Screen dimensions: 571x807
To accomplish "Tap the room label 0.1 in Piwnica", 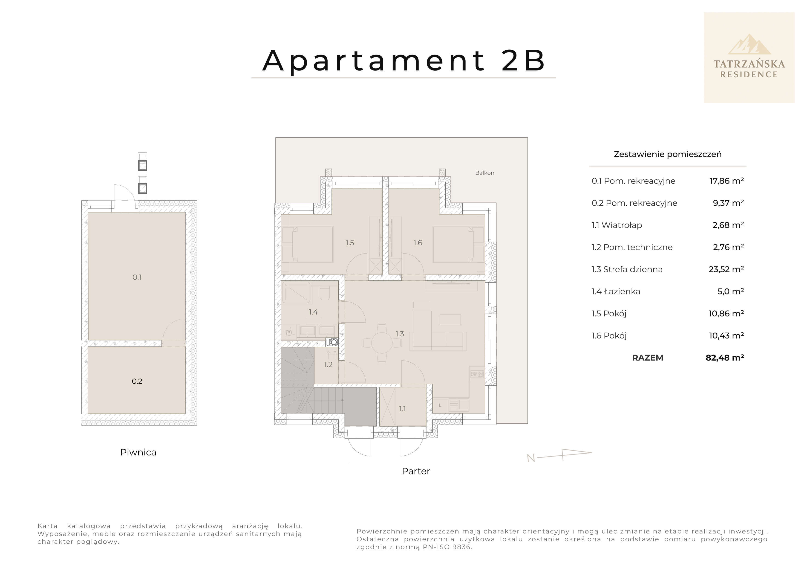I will click(137, 277).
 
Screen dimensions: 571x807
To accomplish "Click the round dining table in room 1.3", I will click(382, 343).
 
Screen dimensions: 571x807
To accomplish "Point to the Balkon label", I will click(484, 173).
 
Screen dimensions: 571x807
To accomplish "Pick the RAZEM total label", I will click(647, 358).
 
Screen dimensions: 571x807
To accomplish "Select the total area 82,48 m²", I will click(724, 358).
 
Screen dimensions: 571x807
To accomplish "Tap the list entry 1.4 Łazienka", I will click(616, 291).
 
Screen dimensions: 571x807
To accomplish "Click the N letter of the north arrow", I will click(531, 458).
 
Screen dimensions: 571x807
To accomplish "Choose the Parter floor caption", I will click(416, 471).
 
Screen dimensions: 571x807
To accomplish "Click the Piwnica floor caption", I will click(138, 452).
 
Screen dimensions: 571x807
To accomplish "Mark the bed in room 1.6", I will click(455, 244).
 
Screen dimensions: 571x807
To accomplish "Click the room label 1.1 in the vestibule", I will click(402, 408).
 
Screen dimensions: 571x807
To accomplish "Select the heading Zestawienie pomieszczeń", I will click(667, 154).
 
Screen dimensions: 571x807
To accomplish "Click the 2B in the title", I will click(523, 61).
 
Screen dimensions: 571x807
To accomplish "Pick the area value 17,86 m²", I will click(726, 181).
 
